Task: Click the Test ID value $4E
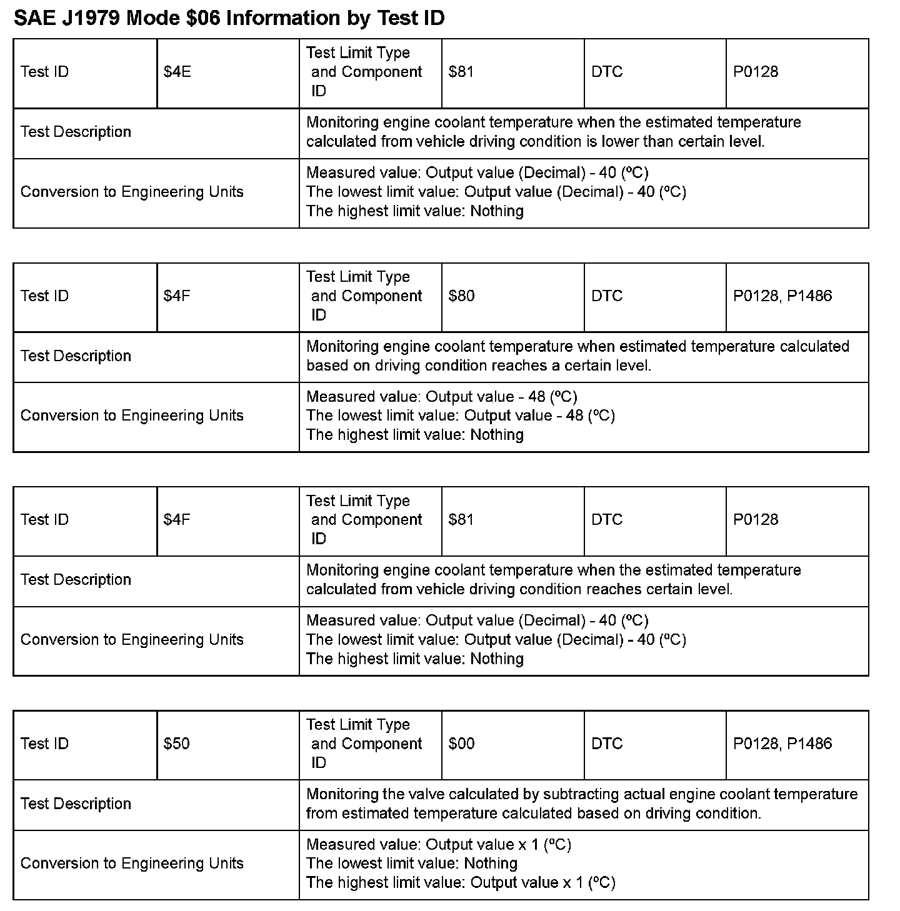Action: pyautogui.click(x=177, y=72)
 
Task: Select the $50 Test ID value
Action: pyautogui.click(x=176, y=744)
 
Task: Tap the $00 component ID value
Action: pyautogui.click(x=461, y=744)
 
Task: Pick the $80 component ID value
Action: pyautogui.click(x=461, y=296)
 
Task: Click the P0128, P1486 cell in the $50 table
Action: pyautogui.click(x=782, y=744)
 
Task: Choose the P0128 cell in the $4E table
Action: pyautogui.click(x=756, y=72)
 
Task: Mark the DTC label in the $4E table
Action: pyautogui.click(x=607, y=72)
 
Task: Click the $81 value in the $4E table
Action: pyautogui.click(x=461, y=72)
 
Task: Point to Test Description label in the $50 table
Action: pyautogui.click(x=76, y=804)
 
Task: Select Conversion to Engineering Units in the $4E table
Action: pyautogui.click(x=132, y=192)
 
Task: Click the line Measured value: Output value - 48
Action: pyautogui.click(x=441, y=397)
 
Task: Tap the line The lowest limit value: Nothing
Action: pyautogui.click(x=412, y=864)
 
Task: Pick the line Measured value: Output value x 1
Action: pyautogui.click(x=439, y=845)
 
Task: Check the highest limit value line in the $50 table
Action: pyautogui.click(x=461, y=883)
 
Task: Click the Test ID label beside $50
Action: pyautogui.click(x=44, y=744)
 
